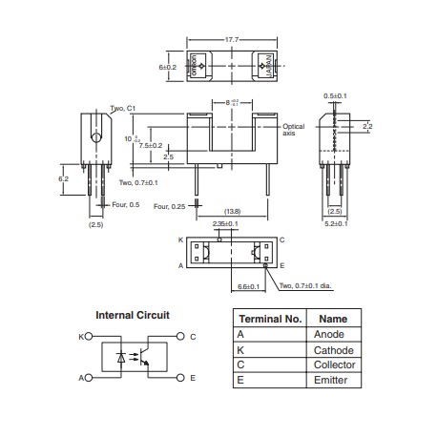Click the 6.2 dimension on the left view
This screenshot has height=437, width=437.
tap(65, 177)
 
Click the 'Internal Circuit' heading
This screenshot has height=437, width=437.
tap(133, 315)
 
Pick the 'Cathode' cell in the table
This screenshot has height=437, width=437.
tap(333, 350)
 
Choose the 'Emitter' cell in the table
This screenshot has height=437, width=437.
tap(331, 381)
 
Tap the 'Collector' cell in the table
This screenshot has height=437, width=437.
tap(335, 365)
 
